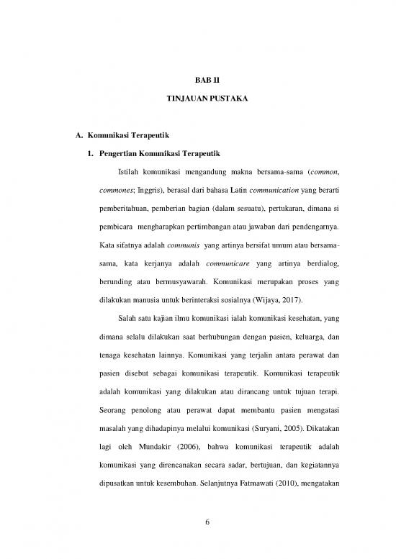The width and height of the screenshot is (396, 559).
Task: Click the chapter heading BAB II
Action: click(197, 82)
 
